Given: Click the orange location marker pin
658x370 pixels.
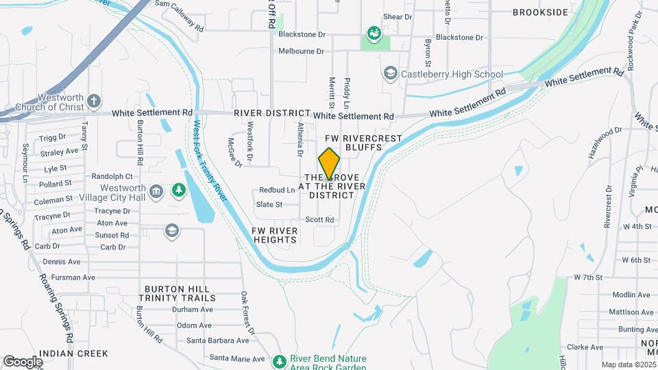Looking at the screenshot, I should pos(329,164).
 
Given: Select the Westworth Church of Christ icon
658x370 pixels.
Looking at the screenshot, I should pos(94,102).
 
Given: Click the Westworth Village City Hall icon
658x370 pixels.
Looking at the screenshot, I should pos(156,190).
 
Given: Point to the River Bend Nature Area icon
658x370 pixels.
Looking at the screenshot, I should pos(279,361).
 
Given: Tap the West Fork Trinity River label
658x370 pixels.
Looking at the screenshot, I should pos(210,161).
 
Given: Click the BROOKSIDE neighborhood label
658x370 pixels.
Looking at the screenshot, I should pos(541,12).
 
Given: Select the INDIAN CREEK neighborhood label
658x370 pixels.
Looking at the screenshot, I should pos(73,354).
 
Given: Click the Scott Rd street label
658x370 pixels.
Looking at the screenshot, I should pos(320,220).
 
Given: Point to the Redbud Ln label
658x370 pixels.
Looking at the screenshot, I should pos(277,190).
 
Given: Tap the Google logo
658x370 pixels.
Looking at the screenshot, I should pos(23,361).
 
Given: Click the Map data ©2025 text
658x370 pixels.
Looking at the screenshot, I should pos(628,365).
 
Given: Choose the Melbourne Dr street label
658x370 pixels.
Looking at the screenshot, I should pos(301,51).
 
